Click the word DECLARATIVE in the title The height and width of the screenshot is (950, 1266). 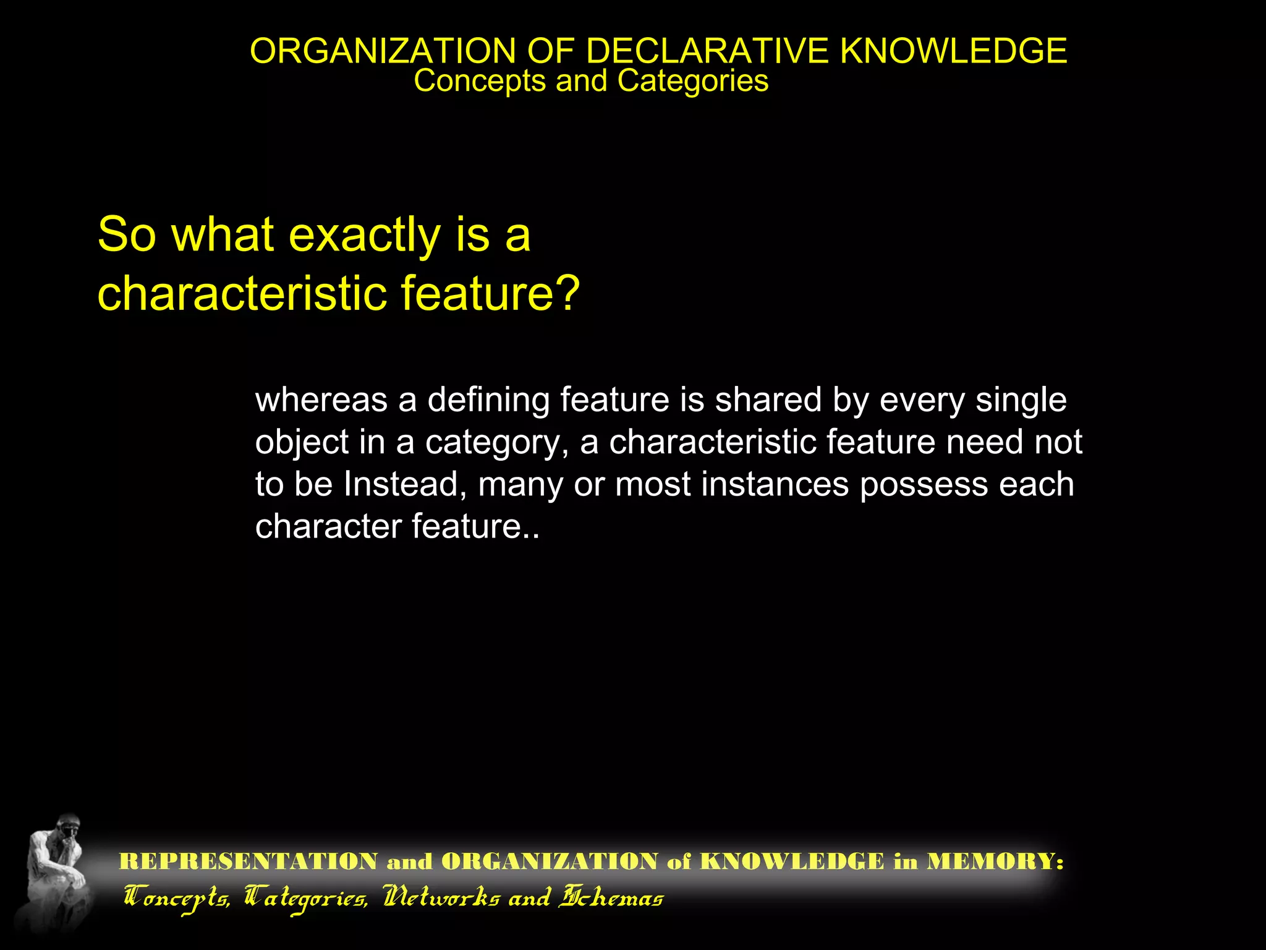[x=706, y=51]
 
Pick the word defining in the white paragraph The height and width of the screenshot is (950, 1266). [x=488, y=400]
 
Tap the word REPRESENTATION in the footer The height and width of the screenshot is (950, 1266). [x=248, y=862]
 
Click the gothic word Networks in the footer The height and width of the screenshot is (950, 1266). [x=441, y=897]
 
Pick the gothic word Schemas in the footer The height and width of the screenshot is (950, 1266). [x=611, y=897]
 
